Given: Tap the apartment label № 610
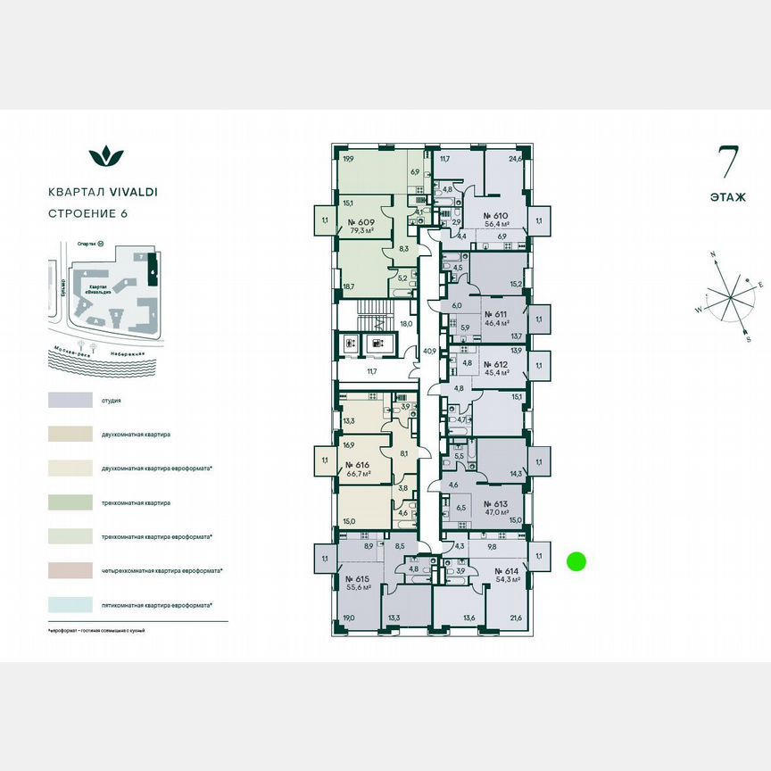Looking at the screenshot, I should [x=495, y=216].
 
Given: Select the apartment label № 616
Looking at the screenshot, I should [x=359, y=465].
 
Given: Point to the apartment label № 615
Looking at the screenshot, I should [x=359, y=577].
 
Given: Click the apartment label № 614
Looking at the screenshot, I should [x=495, y=568].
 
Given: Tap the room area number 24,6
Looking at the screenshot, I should [x=515, y=160].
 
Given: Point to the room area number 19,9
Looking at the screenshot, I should [x=347, y=160].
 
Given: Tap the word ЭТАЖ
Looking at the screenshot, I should [x=729, y=196].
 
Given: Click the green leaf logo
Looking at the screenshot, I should [x=106, y=157].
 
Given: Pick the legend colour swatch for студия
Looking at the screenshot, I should [x=70, y=401].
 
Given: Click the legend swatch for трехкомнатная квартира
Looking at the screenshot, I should [x=70, y=502].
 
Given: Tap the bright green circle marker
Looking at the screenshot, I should [x=576, y=561].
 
